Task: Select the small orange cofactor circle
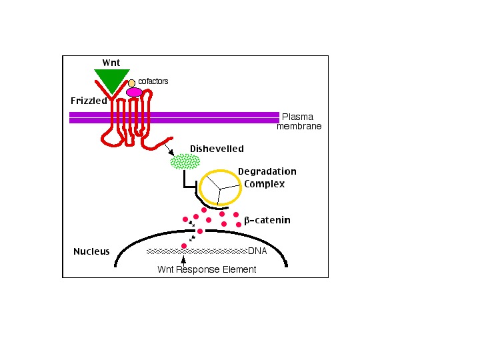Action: click(x=132, y=83)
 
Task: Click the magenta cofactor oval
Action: click(x=134, y=92)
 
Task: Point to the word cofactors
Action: click(x=153, y=81)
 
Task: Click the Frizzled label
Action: click(x=89, y=101)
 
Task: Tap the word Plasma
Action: click(x=297, y=117)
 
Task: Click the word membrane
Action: click(x=299, y=126)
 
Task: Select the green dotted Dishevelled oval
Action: click(x=185, y=161)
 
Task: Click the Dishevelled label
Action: click(x=217, y=149)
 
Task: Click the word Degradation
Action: click(x=267, y=171)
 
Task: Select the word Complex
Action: click(x=264, y=183)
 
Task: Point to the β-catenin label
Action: click(x=267, y=220)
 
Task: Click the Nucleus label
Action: click(x=91, y=251)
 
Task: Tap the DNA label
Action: click(x=257, y=251)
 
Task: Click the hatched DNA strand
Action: click(x=197, y=251)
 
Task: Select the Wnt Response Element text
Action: click(x=207, y=269)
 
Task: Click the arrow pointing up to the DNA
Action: click(x=183, y=260)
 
